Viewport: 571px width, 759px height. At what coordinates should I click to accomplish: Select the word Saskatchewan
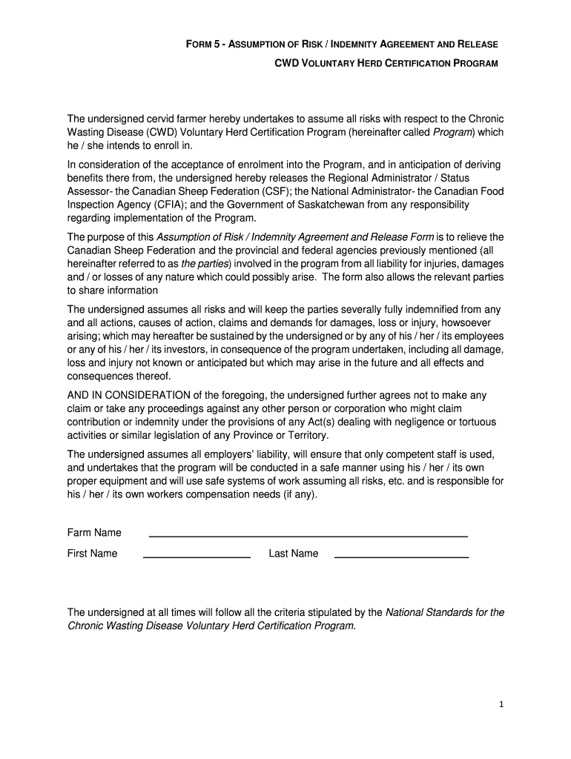[358, 204]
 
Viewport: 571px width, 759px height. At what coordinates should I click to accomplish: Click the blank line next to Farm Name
[308, 534]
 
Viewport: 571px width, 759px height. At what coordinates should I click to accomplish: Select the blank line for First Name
[197, 555]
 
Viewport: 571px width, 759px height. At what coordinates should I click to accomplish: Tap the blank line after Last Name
[401, 555]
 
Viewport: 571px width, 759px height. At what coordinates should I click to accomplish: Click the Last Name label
[294, 554]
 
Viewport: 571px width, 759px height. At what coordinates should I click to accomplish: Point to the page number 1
[501, 706]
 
